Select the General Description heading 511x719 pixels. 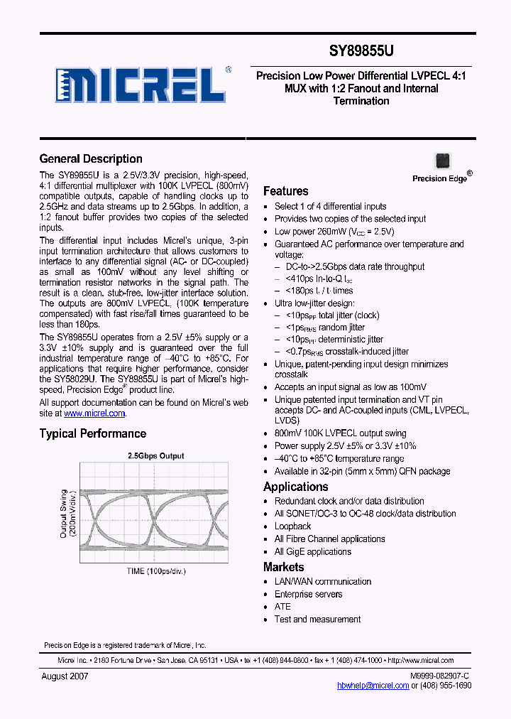pos(91,159)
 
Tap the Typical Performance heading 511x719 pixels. pos(93,433)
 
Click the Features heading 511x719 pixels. pos(285,191)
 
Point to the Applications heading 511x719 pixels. pos(295,487)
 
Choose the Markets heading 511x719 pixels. pos(283,567)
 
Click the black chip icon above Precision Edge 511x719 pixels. pos(443,161)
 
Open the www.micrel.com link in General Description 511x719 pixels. pos(94,413)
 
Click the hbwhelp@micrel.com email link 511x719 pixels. pos(373,686)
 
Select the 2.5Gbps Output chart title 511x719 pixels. pos(155,456)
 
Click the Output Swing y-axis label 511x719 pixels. pos(67,513)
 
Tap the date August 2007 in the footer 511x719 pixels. pos(65,676)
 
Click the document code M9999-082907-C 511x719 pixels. pos(439,676)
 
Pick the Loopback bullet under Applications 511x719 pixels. pos(292,526)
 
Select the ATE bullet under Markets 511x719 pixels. pos(282,607)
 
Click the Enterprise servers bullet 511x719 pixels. pos(308,594)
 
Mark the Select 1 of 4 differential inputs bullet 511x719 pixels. pos(330,206)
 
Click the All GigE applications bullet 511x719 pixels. pos(312,552)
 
